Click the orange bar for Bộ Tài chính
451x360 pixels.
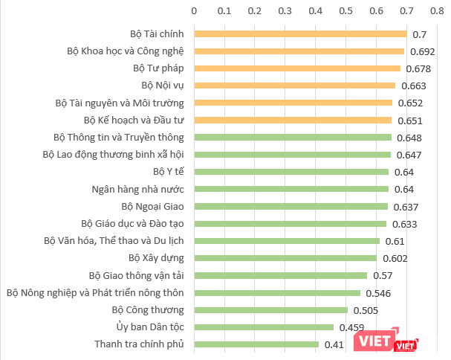pos(300,34)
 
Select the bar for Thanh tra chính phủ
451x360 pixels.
pos(256,344)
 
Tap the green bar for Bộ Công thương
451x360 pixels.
pos(270,310)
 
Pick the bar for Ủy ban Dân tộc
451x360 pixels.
pos(264,327)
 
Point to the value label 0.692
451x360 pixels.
pos(422,51)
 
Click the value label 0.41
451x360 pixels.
pos(334,344)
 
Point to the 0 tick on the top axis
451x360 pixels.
pos(194,11)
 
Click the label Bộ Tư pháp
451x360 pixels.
pos(162,68)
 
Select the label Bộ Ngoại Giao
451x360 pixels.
pos(153,206)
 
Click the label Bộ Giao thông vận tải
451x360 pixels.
pos(136,275)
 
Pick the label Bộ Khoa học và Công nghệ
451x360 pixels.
pos(125,51)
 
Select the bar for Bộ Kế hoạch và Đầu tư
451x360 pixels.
pos(293,120)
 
